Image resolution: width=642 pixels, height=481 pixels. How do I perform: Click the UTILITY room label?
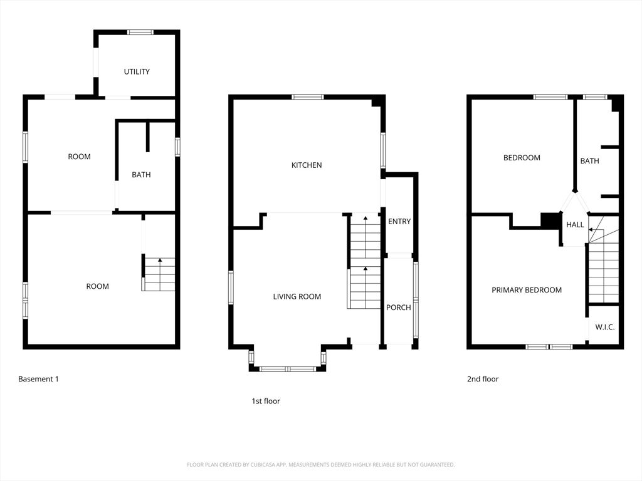tap(137, 71)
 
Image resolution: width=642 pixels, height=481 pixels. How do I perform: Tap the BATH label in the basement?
tap(141, 175)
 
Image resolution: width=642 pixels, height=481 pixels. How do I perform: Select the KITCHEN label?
tap(307, 165)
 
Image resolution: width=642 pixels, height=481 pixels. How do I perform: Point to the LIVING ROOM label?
tap(297, 296)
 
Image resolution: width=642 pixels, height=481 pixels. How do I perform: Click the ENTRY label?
tap(399, 221)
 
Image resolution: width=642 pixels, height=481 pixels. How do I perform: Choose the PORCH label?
tap(399, 307)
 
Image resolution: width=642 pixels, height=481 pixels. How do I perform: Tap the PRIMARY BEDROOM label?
tap(527, 290)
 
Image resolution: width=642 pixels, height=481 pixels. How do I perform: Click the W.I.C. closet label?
tap(605, 327)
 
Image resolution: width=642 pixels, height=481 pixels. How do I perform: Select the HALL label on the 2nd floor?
tap(575, 224)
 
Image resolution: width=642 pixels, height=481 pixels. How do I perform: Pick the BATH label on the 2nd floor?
tap(589, 161)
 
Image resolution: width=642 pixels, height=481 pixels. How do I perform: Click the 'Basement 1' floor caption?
tap(38, 379)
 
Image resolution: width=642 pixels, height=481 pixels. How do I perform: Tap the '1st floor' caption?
tap(266, 401)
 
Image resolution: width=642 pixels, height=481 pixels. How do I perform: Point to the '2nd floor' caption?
tap(483, 379)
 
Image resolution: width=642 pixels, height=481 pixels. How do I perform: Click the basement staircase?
tap(159, 274)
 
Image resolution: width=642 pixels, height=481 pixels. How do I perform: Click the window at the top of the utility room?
tap(140, 32)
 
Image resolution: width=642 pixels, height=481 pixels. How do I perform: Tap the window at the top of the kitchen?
tap(308, 96)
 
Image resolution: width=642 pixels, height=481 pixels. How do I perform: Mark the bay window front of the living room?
tap(288, 369)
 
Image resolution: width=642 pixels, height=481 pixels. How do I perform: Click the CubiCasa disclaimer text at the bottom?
tap(321, 465)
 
